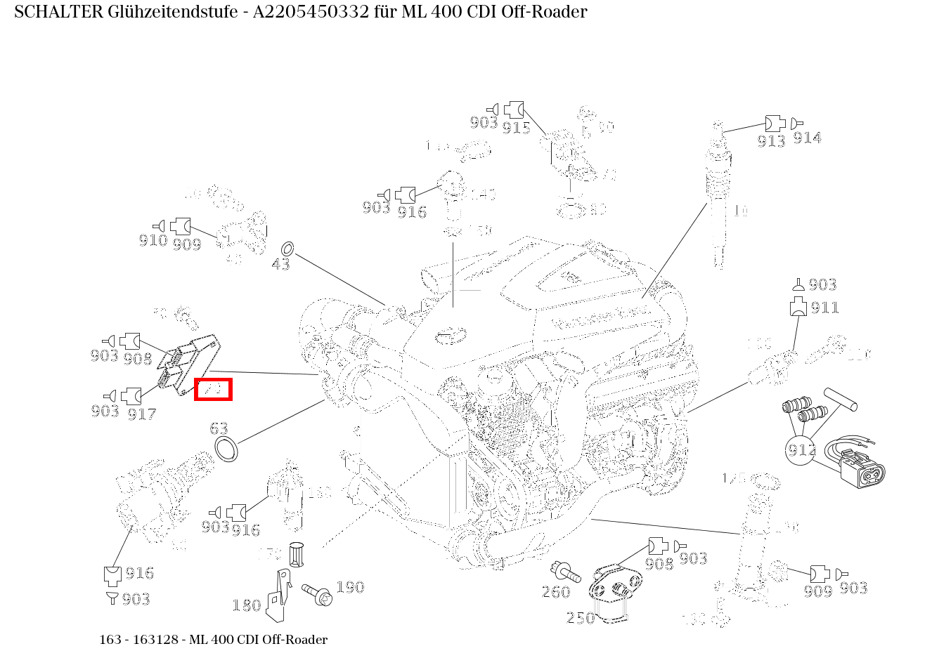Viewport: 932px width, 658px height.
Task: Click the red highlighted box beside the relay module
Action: click(213, 389)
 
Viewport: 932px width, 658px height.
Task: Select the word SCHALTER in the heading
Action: click(53, 12)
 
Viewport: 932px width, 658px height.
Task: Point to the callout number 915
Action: click(516, 127)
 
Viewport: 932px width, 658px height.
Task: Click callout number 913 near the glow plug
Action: click(771, 140)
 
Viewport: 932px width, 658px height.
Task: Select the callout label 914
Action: click(807, 138)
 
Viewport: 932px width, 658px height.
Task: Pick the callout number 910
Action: click(153, 241)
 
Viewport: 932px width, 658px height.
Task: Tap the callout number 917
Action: click(141, 414)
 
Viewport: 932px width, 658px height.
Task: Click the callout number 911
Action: click(824, 308)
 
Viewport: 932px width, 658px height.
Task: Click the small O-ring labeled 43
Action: click(287, 249)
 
